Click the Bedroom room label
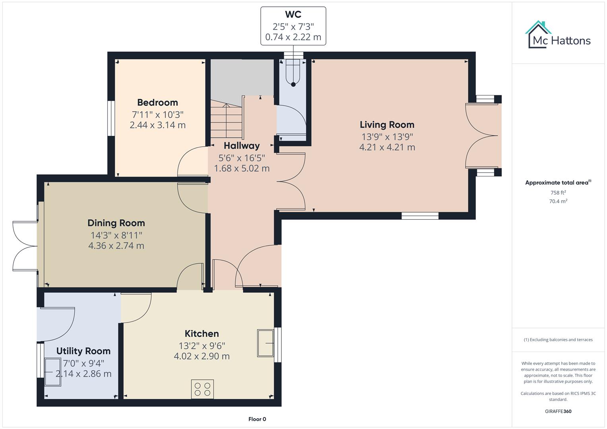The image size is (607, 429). (157, 102)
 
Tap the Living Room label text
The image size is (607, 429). (387, 125)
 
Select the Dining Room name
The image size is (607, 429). (116, 223)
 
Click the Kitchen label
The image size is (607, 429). (202, 334)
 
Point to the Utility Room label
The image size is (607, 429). (83, 351)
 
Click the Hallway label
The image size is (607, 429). (241, 146)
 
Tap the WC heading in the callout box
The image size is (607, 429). (293, 15)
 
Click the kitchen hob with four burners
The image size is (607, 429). (202, 389)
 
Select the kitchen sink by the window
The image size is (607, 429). (265, 343)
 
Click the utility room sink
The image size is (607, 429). (53, 372)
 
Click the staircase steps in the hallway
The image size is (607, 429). (226, 119)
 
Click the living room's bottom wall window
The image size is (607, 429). (420, 216)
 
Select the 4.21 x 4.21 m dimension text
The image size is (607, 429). (387, 147)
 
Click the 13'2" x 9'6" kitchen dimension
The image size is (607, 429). (202, 346)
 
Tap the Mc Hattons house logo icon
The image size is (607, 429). (538, 34)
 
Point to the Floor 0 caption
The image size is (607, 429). (257, 419)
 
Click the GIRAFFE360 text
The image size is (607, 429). (558, 411)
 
